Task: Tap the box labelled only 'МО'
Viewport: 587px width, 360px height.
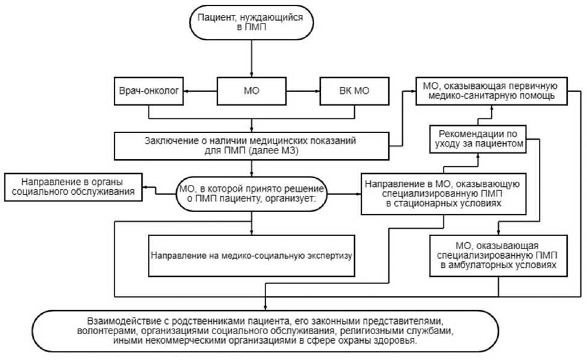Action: coord(252,92)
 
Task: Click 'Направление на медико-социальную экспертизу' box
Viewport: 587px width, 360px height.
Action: coord(252,255)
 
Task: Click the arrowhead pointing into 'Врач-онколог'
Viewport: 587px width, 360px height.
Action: coord(186,92)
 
